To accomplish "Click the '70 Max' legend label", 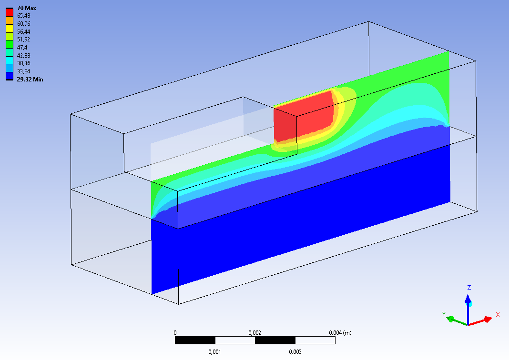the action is (27, 8).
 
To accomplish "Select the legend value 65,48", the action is (24, 16).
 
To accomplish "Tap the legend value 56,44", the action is (24, 31).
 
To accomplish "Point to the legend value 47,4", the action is (22, 47).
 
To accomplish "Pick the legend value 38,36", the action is (24, 63).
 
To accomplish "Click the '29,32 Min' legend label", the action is (30, 79).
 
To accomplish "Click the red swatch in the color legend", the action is (10, 12).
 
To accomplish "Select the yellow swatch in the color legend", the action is (10, 28).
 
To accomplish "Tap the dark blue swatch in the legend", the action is (10, 76).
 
